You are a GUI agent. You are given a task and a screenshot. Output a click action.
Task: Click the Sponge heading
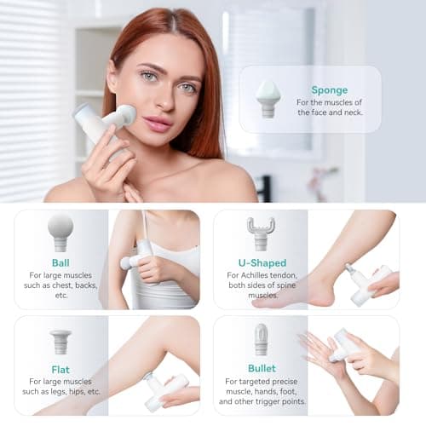point(329,89)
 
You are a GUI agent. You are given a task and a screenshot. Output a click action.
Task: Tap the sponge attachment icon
point(268,99)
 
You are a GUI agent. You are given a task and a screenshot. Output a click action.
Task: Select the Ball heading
point(60,262)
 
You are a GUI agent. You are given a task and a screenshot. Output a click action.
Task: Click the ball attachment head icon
point(60,230)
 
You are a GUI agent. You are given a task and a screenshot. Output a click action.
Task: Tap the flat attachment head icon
point(60,341)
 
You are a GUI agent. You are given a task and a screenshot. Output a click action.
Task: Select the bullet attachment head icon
point(262,339)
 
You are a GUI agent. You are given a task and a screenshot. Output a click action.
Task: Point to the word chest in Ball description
point(78,286)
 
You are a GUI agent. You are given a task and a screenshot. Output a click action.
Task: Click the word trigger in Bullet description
point(277,400)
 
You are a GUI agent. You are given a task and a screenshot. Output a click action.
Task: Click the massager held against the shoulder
point(138,256)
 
